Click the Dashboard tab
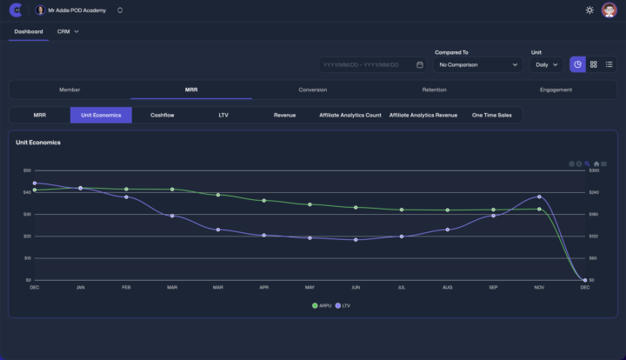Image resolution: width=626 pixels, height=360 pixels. (29, 31)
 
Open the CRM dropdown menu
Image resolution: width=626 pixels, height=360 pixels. (68, 31)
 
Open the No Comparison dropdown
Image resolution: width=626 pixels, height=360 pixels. (478, 64)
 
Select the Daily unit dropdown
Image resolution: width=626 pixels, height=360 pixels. (546, 64)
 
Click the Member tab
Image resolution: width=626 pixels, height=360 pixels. (70, 90)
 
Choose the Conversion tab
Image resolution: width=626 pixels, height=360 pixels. (313, 90)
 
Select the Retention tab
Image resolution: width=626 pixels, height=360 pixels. (435, 90)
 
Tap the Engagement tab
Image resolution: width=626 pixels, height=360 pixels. (556, 90)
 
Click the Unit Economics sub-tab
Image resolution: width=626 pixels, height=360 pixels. (101, 115)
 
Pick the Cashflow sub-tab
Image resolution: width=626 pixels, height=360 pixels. (163, 115)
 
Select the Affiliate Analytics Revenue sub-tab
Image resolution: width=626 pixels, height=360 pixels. (423, 115)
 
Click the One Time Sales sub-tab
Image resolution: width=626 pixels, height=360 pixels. (491, 115)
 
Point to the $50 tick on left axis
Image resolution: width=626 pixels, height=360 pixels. (27, 170)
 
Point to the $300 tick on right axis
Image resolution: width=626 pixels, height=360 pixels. (595, 170)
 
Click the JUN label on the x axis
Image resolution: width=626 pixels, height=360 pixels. (356, 287)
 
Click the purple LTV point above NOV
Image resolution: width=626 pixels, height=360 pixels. (539, 197)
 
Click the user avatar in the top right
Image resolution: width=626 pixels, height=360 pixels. (609, 10)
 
